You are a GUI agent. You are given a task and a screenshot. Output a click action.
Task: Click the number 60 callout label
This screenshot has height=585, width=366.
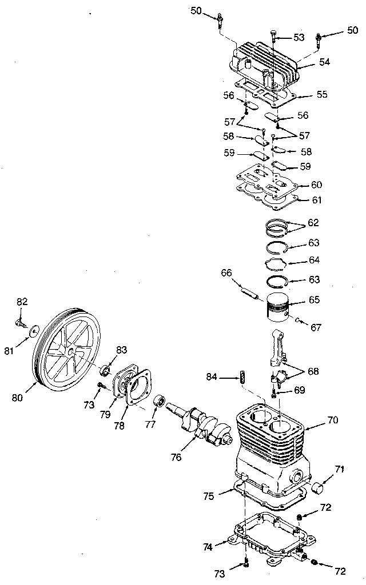point(316,185)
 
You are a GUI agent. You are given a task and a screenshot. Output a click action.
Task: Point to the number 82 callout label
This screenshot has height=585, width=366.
point(22,302)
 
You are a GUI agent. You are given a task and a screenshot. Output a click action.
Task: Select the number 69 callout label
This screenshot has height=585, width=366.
point(299,391)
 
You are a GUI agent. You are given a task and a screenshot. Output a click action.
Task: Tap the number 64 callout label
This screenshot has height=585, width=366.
point(313,261)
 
